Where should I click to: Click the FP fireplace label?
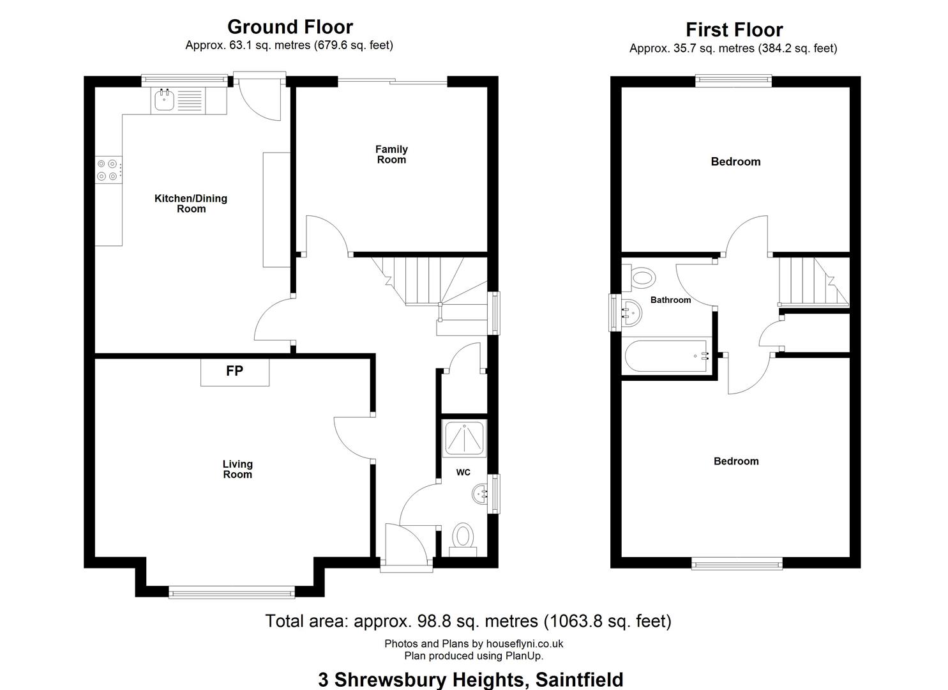pyautogui.click(x=234, y=371)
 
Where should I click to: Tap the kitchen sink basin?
pyautogui.click(x=164, y=100)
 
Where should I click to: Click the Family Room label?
pyautogui.click(x=391, y=155)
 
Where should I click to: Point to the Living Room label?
pyautogui.click(x=237, y=470)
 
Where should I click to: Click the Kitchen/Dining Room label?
pyautogui.click(x=191, y=204)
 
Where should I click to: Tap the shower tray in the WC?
pyautogui.click(x=464, y=438)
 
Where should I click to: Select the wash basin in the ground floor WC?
pyautogui.click(x=480, y=493)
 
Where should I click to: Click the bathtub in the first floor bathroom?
pyautogui.click(x=666, y=356)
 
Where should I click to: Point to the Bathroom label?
pyautogui.click(x=670, y=300)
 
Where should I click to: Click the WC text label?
pyautogui.click(x=463, y=472)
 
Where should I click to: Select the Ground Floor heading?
pyautogui.click(x=290, y=27)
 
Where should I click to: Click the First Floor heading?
pyautogui.click(x=734, y=30)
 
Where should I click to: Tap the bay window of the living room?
pyautogui.click(x=232, y=592)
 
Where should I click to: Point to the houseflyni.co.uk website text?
pyautogui.click(x=525, y=644)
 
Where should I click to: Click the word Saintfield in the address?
pyautogui.click(x=580, y=679)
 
